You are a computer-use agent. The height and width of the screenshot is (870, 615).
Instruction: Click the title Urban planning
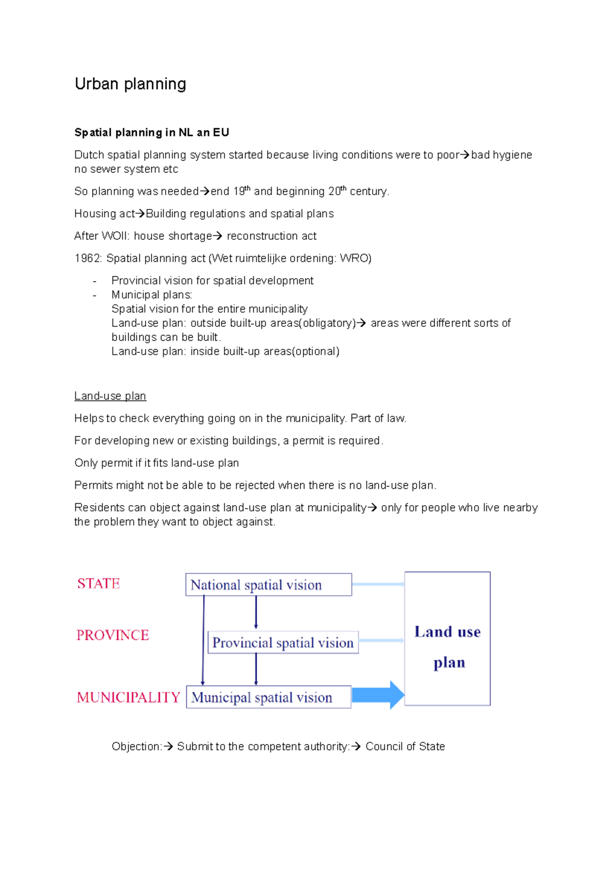(x=130, y=84)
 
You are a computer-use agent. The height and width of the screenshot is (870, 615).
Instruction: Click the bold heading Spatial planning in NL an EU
(x=152, y=133)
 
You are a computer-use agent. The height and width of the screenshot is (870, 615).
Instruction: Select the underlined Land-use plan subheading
(x=110, y=396)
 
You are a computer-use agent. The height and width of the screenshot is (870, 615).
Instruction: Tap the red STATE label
(x=98, y=584)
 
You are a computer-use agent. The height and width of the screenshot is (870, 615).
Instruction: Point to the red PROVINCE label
(x=113, y=635)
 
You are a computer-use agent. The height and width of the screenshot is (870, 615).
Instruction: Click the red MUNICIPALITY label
(x=129, y=697)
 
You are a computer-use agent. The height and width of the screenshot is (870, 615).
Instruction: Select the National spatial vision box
(x=269, y=585)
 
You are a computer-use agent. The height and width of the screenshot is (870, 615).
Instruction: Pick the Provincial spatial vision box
(x=283, y=643)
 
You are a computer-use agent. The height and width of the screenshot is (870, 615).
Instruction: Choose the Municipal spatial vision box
(x=269, y=697)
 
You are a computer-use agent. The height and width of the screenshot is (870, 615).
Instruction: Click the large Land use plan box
(x=447, y=639)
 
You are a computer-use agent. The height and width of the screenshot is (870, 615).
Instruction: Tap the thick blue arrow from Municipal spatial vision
(x=378, y=695)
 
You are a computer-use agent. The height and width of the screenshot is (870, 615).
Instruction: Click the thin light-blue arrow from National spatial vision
(x=378, y=584)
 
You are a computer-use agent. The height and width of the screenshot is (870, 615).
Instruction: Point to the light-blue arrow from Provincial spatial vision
(x=381, y=640)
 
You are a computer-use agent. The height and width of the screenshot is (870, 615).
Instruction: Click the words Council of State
(x=405, y=747)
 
